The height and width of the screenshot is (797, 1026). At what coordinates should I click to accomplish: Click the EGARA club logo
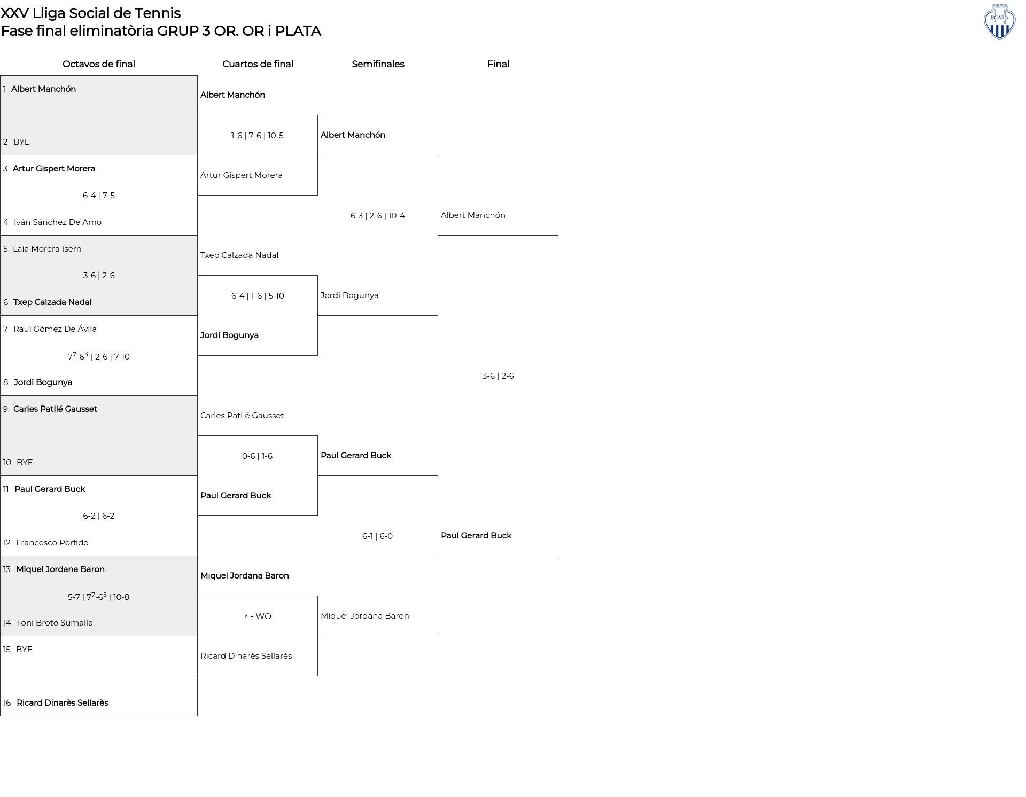click(999, 21)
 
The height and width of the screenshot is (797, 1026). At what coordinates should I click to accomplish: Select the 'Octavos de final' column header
click(99, 64)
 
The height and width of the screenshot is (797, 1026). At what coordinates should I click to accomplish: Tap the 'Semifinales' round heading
click(378, 64)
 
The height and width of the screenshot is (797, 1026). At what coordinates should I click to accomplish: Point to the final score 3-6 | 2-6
click(498, 376)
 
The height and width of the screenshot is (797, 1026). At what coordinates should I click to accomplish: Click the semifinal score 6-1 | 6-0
click(377, 536)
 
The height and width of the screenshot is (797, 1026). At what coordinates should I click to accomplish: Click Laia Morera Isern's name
click(47, 249)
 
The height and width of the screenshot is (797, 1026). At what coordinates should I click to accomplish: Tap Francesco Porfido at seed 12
click(52, 543)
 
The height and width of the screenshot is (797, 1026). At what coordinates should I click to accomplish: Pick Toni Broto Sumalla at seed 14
click(55, 623)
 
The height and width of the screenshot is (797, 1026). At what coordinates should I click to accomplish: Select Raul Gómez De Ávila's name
click(55, 329)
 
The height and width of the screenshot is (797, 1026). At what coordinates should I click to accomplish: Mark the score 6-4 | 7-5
click(99, 196)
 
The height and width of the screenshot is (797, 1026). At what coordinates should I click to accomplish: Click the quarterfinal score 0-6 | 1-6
click(257, 456)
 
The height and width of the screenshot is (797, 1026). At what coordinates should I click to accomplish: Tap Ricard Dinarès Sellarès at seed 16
click(63, 703)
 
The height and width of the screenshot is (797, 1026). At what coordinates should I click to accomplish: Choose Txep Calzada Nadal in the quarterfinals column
click(239, 255)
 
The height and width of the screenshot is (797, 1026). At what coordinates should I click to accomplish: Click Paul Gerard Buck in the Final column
click(476, 536)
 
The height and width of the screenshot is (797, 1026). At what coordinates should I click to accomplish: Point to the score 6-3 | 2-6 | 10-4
click(378, 216)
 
